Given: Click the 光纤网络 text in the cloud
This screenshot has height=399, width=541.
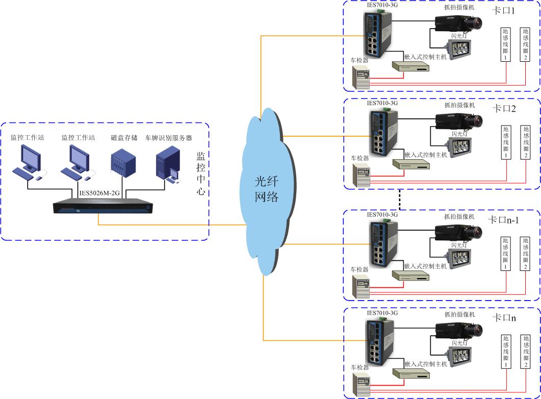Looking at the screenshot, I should point(266,189).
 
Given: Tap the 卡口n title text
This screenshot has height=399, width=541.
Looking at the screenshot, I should point(504,318).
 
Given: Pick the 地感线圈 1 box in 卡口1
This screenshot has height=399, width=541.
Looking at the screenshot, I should point(505,44).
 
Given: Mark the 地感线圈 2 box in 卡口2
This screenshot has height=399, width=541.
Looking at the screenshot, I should point(526,142).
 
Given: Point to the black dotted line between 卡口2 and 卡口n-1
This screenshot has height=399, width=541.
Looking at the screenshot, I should point(400,199).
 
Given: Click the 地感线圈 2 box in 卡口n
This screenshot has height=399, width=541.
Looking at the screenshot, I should point(525,352).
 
